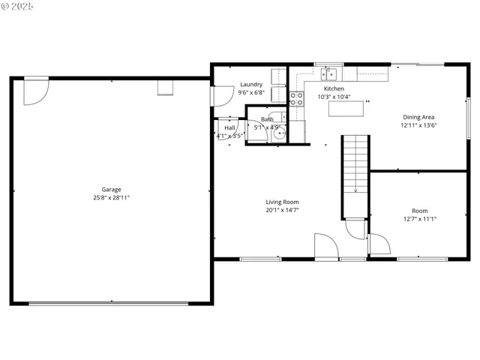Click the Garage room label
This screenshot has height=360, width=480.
pos(112,190)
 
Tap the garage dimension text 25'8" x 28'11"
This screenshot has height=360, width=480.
pos(112,198)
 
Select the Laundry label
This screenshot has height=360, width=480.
pos(251,85)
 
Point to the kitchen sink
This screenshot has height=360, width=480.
pos(328,73)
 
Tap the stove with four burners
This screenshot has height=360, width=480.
pos(296,99)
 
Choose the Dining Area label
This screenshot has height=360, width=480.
pos(418,117)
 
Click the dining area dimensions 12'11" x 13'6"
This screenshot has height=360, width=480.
pos(418,125)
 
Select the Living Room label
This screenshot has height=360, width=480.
pos(282,202)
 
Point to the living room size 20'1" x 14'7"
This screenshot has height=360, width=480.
pos(282,210)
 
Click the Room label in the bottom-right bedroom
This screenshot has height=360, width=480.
pos(419,211)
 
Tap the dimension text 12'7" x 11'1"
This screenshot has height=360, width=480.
pos(419,219)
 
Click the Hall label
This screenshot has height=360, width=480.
pos(229,128)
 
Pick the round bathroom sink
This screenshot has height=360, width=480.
pos(278,135)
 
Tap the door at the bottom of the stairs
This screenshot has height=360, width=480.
pos(354,228)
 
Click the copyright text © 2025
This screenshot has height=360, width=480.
pos(19,6)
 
